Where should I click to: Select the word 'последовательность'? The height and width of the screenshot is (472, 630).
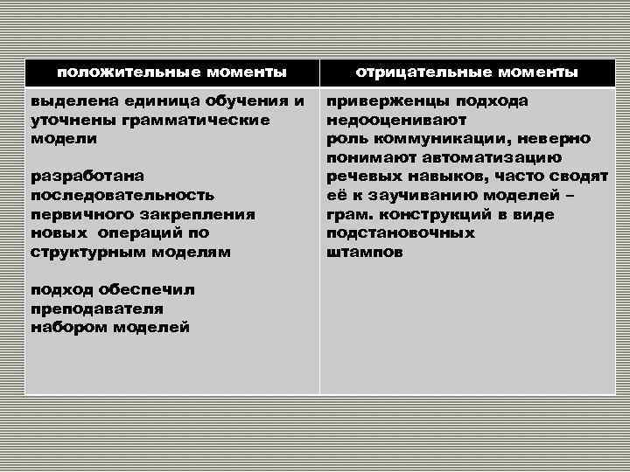pyautogui.click(x=122, y=195)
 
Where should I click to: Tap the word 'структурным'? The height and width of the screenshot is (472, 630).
pyautogui.click(x=86, y=252)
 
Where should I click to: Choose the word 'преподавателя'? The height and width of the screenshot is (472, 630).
pyautogui.click(x=97, y=309)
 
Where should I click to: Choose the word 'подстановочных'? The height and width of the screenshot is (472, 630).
pyautogui.click(x=400, y=233)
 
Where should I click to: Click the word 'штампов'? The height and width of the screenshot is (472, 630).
pyautogui.click(x=364, y=252)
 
